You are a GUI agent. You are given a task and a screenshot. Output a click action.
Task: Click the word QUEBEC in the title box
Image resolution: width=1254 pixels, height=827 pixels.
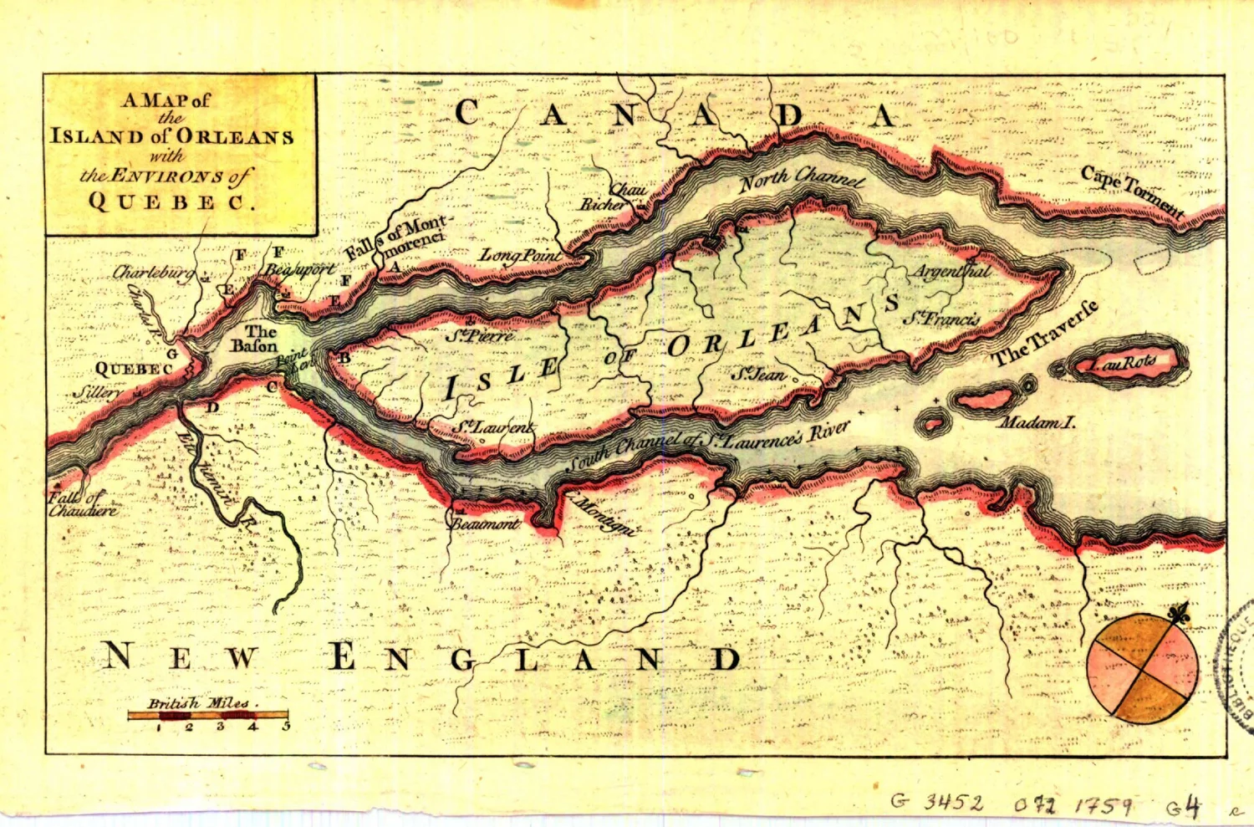coord(171,202)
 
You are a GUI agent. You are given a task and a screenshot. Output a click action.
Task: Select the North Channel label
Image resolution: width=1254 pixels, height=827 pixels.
coord(801,178)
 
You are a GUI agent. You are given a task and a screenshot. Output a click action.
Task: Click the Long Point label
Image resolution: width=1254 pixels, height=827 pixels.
coord(519,255)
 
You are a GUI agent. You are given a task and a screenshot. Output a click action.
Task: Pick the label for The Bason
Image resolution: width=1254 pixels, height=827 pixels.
coord(254,339)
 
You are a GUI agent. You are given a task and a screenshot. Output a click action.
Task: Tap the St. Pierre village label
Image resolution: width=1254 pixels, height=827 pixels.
coord(480,336)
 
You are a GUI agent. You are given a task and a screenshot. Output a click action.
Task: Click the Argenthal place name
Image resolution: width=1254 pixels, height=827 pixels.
coord(951,272)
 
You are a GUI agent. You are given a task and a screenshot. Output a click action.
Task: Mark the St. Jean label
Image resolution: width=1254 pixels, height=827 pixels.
coord(758,374)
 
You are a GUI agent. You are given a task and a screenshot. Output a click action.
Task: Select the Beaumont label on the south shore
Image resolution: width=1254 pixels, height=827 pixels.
coord(486,524)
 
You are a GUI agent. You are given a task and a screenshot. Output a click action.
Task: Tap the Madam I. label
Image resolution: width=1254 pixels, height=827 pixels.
coord(1037,423)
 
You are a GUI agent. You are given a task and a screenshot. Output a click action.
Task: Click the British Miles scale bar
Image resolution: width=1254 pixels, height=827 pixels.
coord(207,716)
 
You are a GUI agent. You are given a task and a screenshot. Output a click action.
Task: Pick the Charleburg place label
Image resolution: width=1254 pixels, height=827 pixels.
coord(153,273)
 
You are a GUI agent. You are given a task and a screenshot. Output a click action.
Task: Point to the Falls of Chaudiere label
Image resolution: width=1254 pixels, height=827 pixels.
coord(82,504)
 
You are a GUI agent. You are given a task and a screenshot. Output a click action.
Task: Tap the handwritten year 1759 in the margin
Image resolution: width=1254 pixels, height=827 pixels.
coord(1104,805)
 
